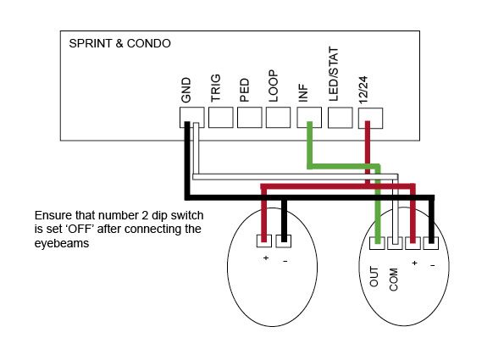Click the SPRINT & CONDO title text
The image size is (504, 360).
tap(119, 43)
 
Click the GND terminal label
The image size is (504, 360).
tap(186, 90)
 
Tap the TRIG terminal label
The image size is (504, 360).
tap(216, 88)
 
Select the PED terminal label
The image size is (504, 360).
tap(244, 90)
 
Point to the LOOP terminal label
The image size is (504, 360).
tap(273, 86)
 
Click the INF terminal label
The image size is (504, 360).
tap(303, 93)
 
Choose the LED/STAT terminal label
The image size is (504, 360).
tap(334, 75)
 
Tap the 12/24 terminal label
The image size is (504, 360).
tap(363, 90)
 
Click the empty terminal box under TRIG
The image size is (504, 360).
tap(220, 118)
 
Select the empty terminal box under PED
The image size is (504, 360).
tap(249, 118)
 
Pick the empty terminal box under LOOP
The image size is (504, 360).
tap(278, 118)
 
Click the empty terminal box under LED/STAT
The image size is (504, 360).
tap(340, 118)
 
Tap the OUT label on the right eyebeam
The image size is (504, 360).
tap(374, 277)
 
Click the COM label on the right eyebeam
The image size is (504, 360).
tap(393, 280)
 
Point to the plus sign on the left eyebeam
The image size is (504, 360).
tap(266, 258)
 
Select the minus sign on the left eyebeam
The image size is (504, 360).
tap(285, 261)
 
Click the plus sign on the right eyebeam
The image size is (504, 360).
tap(415, 263)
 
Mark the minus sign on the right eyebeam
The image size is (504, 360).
tap(433, 265)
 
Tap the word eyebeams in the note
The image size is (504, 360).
tap(62, 243)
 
